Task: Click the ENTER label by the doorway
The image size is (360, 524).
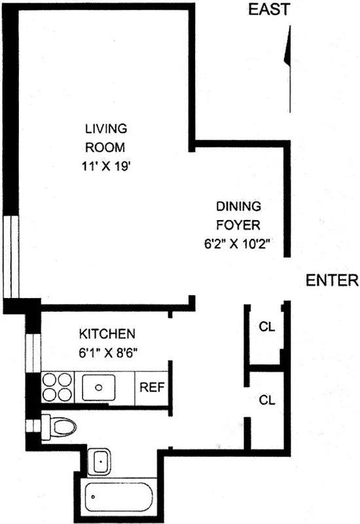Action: [333, 281]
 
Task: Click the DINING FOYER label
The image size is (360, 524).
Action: [239, 215]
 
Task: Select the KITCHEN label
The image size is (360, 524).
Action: [107, 333]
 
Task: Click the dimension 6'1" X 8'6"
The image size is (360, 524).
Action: [108, 352]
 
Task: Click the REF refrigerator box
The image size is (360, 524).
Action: [153, 387]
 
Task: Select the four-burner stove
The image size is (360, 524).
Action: [58, 387]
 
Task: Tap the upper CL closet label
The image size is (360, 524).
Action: [266, 326]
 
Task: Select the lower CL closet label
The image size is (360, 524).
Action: [266, 399]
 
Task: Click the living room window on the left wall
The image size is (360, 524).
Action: [11, 255]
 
